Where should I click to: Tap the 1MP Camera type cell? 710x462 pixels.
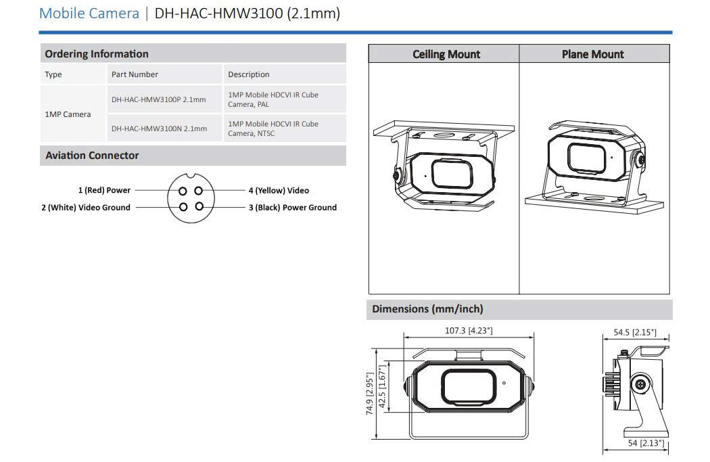[68, 114]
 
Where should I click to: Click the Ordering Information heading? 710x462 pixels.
[97, 54]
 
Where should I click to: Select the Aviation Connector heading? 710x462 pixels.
[92, 156]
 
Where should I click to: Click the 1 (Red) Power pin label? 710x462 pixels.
[104, 190]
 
